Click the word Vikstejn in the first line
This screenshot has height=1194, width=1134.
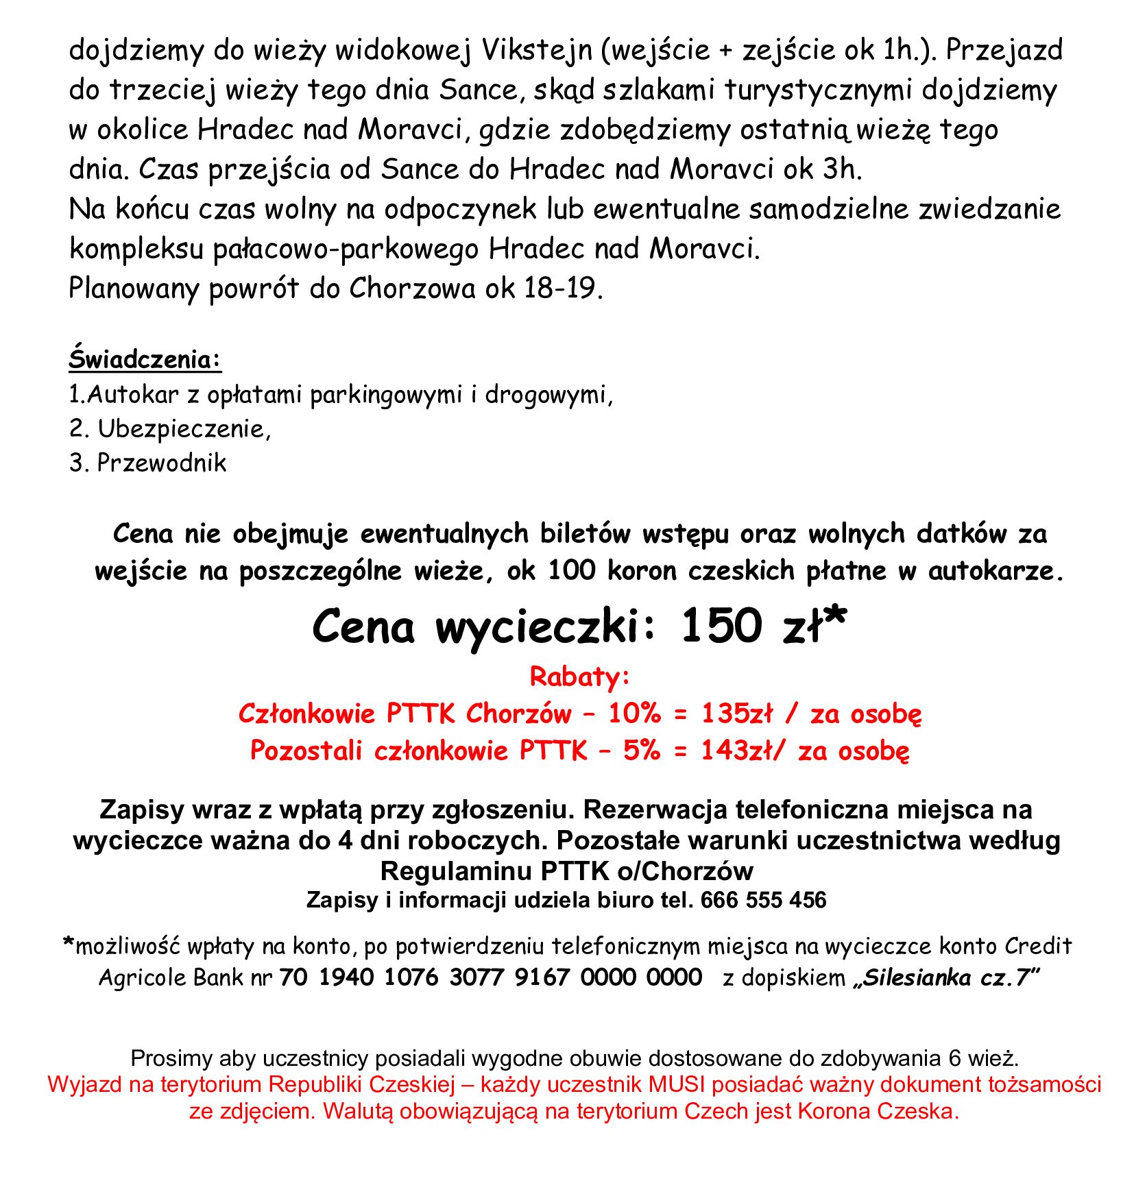pos(536,50)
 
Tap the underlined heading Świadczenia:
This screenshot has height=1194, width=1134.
pos(145,359)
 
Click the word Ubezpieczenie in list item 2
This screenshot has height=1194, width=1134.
pos(182,428)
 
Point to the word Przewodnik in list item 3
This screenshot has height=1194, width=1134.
pos(161,463)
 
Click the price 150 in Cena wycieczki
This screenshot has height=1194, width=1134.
pos(721,625)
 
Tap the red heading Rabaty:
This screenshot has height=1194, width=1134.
pos(579,677)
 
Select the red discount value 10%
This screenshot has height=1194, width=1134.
pos(634,714)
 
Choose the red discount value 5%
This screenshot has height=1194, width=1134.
pos(641,751)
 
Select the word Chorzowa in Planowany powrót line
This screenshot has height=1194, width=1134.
pos(411,289)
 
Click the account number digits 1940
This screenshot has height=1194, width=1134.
pos(346,977)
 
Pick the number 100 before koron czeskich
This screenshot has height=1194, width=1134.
pos(572,570)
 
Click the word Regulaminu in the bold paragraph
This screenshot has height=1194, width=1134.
pos(457,870)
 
